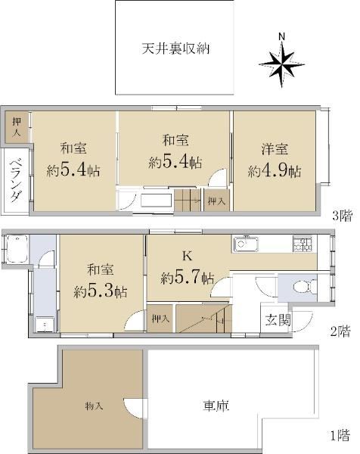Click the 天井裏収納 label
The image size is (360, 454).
point(175,48)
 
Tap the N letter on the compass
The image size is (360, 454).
point(281,37)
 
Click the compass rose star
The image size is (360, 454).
point(281,64)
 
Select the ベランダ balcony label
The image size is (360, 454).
point(15,180)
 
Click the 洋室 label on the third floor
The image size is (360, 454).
point(275,149)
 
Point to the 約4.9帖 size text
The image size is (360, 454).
point(275,171)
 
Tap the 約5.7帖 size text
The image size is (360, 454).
point(188,278)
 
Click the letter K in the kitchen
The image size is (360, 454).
point(188,256)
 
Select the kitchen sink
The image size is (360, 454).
point(246,244)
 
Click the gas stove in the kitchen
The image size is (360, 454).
point(303,244)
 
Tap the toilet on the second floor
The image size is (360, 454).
point(305,288)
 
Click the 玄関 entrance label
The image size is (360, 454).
point(278,320)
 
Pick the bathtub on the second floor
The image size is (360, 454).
point(17,249)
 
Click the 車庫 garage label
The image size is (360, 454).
point(216,406)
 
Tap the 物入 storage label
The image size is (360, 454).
point(94,406)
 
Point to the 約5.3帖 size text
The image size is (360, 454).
point(100,291)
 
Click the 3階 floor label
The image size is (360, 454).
point(342,216)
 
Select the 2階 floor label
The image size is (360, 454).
point(340,331)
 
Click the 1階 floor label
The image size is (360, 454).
point(340,435)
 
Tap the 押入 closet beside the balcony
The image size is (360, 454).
point(17,127)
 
